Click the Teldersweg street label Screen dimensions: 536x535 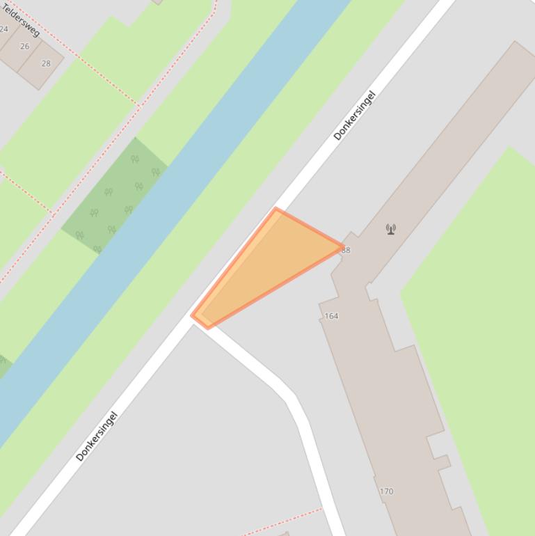[21, 20]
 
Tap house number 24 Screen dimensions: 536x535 [4, 29]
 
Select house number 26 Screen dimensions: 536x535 [25, 47]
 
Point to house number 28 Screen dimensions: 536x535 [46, 63]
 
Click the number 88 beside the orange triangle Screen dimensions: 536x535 [346, 250]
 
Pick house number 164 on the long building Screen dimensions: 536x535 [331, 316]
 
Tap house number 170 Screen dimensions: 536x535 [386, 491]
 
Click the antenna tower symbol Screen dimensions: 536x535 [391, 228]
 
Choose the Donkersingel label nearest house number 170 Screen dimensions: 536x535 [97, 436]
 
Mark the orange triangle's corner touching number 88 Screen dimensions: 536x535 [342, 246]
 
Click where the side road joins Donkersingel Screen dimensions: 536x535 [200, 322]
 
